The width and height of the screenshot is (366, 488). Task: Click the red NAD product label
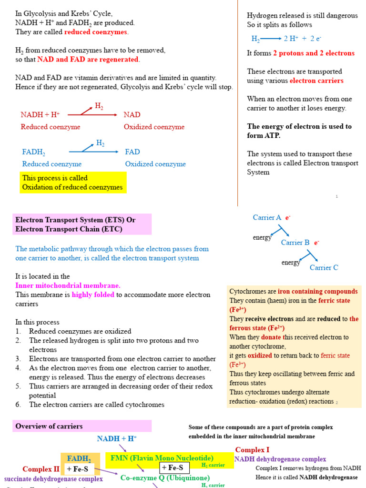pos(132,115)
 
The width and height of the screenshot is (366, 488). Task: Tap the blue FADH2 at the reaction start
pos(34,152)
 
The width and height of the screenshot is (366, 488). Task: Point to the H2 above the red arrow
pos(99,106)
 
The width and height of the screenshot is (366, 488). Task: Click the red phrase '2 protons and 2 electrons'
pos(314,53)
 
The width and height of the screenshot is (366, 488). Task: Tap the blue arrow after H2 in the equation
pos(271,39)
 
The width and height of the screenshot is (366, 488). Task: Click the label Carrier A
pos(267,218)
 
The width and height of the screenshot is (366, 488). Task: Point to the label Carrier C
pos(324,268)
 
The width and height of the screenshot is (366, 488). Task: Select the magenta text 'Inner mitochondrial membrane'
pos(68,285)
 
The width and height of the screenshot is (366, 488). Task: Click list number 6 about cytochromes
pos(18,405)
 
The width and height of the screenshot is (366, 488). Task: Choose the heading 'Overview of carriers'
pos(49,427)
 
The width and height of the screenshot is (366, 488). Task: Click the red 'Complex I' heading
pos(252,450)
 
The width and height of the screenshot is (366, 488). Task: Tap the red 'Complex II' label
pos(41,469)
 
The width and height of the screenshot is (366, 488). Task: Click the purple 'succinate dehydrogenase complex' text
pos(53,479)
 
